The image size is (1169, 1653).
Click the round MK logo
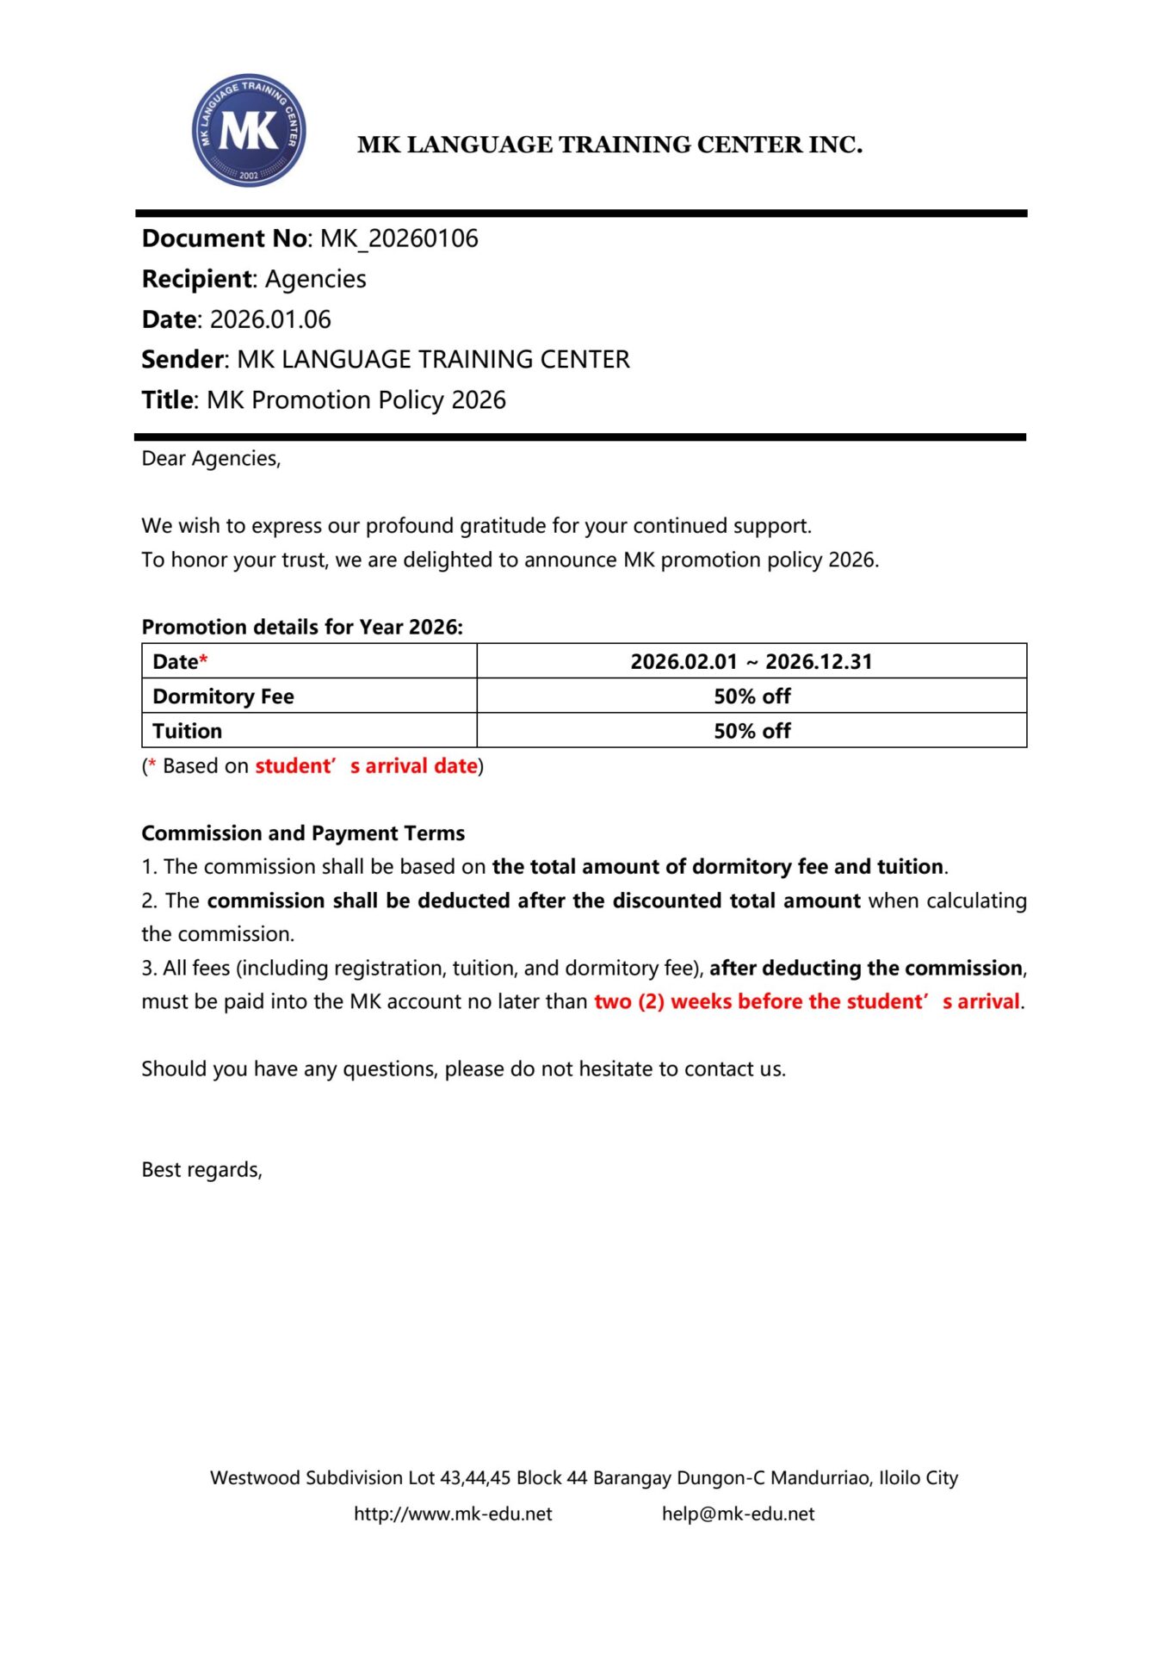[x=248, y=130]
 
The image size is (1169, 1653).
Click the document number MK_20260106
[x=399, y=238]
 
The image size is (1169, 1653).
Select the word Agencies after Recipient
[x=315, y=279]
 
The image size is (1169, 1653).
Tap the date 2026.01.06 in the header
[x=270, y=319]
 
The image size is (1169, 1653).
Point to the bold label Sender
[x=182, y=359]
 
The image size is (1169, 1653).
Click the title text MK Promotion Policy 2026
[x=356, y=400]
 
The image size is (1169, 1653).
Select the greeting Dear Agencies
[x=211, y=459]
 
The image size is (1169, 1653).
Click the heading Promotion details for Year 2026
[x=302, y=627]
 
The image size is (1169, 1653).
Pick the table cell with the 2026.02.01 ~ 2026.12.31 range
[x=751, y=661]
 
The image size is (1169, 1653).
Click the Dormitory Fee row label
[x=223, y=696]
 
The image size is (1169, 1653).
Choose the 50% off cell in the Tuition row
[x=751, y=731]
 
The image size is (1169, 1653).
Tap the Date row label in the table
[x=176, y=661]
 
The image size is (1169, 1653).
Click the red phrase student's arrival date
[x=366, y=766]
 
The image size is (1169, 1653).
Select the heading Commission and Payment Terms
[x=303, y=833]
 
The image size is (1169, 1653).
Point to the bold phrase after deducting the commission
[x=866, y=969]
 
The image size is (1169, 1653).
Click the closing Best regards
[x=201, y=1170]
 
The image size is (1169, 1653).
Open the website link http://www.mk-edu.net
[x=453, y=1514]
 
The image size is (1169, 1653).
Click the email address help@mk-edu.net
[x=738, y=1514]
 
